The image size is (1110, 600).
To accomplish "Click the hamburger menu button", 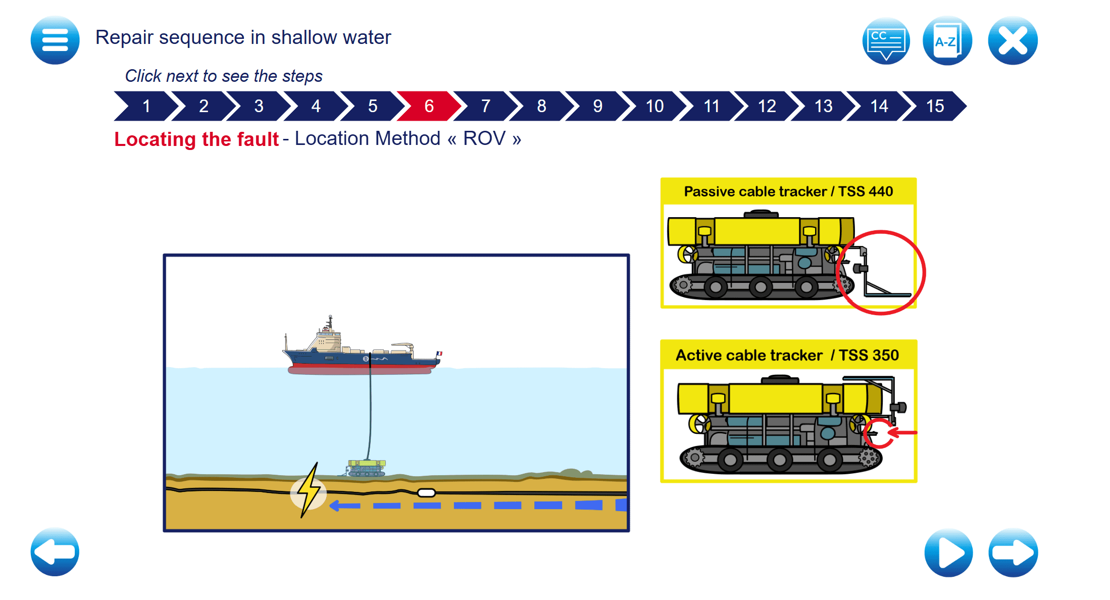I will (55, 40).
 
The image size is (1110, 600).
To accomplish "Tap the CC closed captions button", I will (886, 40).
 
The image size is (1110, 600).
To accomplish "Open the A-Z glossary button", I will (947, 40).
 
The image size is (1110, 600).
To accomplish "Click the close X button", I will (1013, 40).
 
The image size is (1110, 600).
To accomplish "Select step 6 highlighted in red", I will (429, 106).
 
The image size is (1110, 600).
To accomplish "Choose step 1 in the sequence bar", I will (146, 106).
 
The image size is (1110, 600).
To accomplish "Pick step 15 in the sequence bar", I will (935, 106).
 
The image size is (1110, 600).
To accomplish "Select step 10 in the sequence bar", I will (654, 106).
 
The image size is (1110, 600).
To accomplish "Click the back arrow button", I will (55, 552).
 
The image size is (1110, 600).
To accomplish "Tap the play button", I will (948, 553).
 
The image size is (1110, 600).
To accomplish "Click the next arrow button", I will (1013, 553).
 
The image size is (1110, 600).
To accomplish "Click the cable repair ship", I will (361, 354).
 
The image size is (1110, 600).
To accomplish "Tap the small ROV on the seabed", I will (367, 468).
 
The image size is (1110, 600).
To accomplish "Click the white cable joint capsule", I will (426, 493).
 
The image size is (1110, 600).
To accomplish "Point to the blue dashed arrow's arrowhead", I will (334, 506).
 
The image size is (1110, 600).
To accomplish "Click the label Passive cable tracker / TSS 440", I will (788, 191).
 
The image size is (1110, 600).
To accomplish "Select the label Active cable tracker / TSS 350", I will (787, 355).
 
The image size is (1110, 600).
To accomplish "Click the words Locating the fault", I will (196, 139).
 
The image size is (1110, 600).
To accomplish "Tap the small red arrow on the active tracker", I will (902, 432).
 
